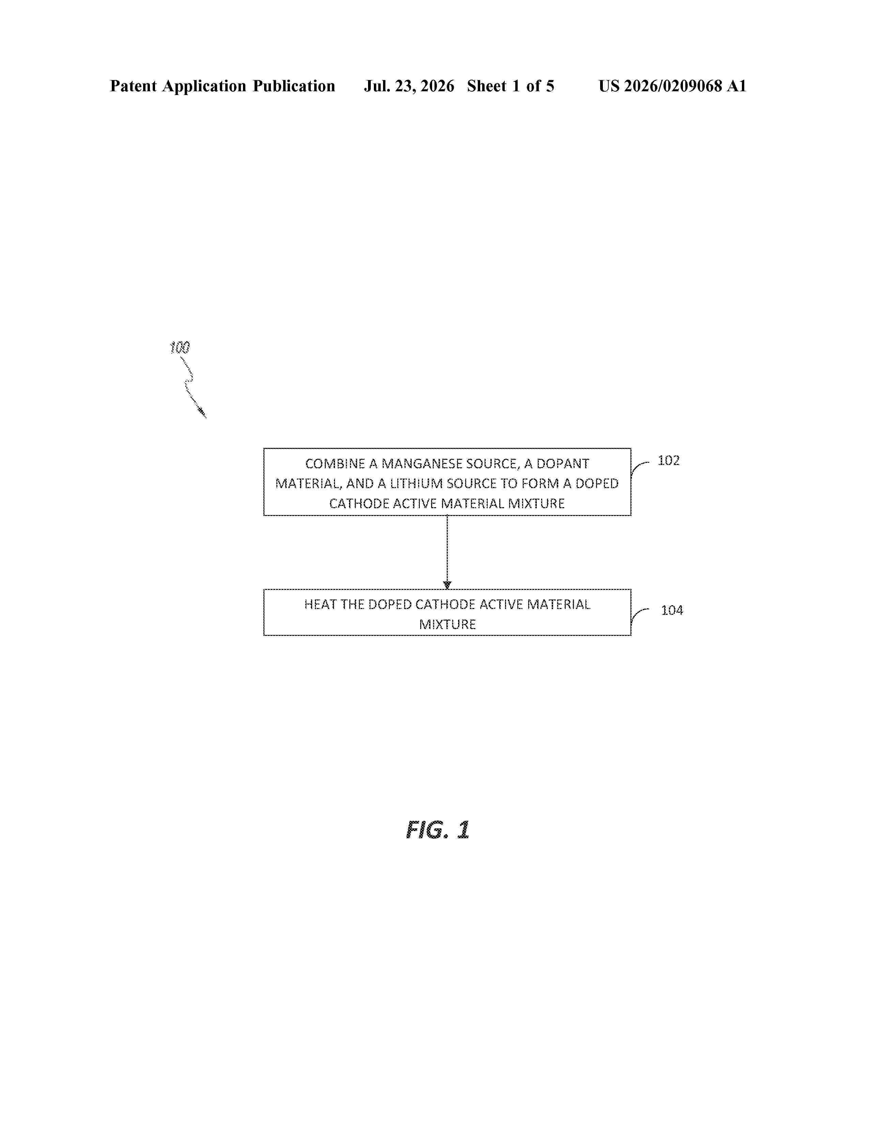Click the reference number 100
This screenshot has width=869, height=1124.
180,347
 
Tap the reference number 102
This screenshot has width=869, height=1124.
669,460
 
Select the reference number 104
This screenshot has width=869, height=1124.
672,610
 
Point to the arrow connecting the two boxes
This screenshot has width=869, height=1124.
447,552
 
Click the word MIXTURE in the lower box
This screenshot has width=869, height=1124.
447,624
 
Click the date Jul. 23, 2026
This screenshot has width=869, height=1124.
409,86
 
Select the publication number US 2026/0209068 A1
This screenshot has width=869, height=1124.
672,86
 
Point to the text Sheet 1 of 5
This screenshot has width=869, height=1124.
511,86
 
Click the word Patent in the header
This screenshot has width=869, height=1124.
133,86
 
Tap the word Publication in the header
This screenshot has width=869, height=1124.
293,86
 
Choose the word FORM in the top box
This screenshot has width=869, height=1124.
540,484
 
